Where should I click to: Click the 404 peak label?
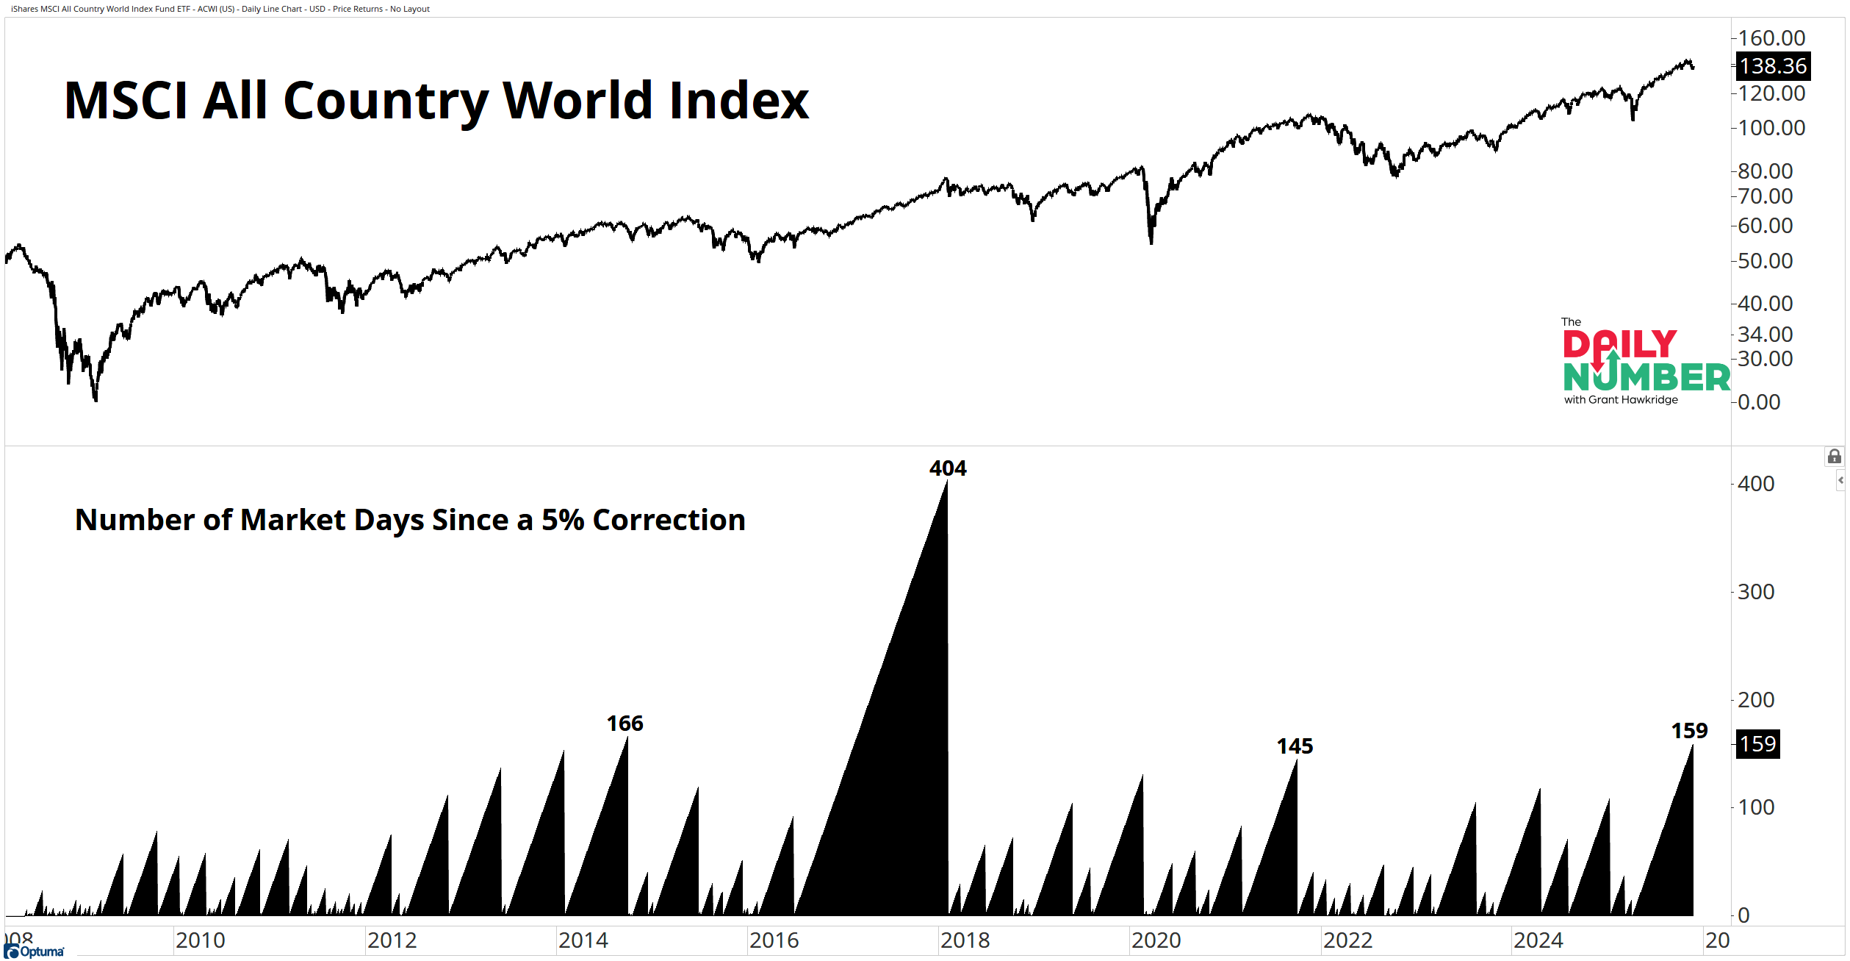(x=948, y=468)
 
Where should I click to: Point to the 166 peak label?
(x=625, y=724)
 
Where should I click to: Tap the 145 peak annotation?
(x=1295, y=746)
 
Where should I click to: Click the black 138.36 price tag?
(x=1773, y=66)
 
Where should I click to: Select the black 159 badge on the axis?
(x=1757, y=744)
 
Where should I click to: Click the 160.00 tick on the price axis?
(x=1771, y=37)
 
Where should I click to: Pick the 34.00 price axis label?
(x=1765, y=334)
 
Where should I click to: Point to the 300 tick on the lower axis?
(x=1756, y=592)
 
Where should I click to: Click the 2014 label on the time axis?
(x=583, y=940)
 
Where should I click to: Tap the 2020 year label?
(x=1156, y=940)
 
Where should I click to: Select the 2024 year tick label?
(x=1538, y=940)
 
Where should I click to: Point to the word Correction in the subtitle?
(x=669, y=520)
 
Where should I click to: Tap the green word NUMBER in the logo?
(x=1646, y=377)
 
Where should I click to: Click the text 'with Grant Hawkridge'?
(x=1621, y=400)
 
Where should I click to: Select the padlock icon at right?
(x=1834, y=457)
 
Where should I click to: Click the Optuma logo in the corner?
(x=35, y=951)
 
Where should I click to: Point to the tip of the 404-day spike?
(x=947, y=482)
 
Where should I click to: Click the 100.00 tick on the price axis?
(x=1771, y=128)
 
